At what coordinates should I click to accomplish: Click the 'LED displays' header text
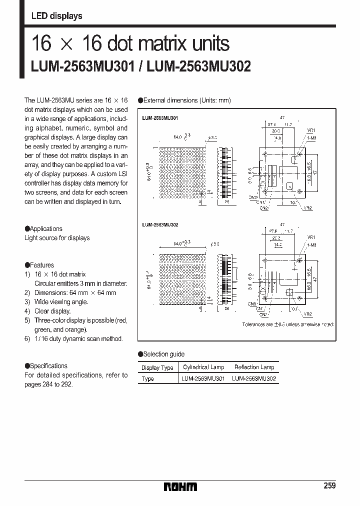pyautogui.click(x=56, y=16)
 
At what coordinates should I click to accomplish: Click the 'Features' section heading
pyautogui.click(x=41, y=265)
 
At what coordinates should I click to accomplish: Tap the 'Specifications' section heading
pyautogui.click(x=48, y=365)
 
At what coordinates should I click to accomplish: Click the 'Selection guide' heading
pyautogui.click(x=163, y=354)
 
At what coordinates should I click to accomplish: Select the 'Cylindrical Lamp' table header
pyautogui.click(x=203, y=367)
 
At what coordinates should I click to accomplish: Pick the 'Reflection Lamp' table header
pyautogui.click(x=254, y=367)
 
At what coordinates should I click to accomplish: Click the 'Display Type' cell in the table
pyautogui.click(x=157, y=367)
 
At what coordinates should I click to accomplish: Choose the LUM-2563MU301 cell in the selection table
pyautogui.click(x=203, y=378)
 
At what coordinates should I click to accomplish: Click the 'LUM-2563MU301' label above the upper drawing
pyautogui.click(x=160, y=118)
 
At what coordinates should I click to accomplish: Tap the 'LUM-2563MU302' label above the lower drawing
pyautogui.click(x=160, y=225)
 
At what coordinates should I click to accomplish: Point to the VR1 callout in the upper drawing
pyautogui.click(x=310, y=129)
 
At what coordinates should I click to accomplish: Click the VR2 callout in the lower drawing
pyautogui.click(x=308, y=314)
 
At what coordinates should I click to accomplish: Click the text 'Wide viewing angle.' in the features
pyautogui.click(x=61, y=301)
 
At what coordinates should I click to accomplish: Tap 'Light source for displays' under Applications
pyautogui.click(x=57, y=238)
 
